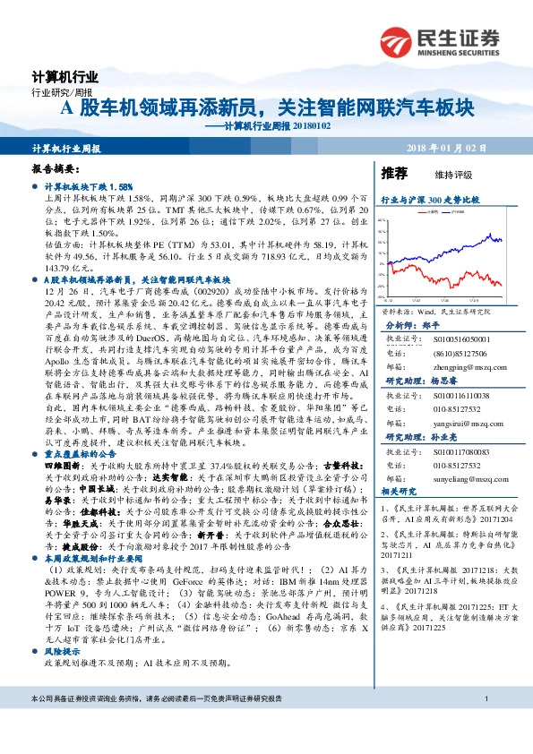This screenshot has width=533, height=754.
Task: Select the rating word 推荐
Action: (x=394, y=173)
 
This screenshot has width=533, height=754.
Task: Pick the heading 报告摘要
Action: (x=56, y=168)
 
